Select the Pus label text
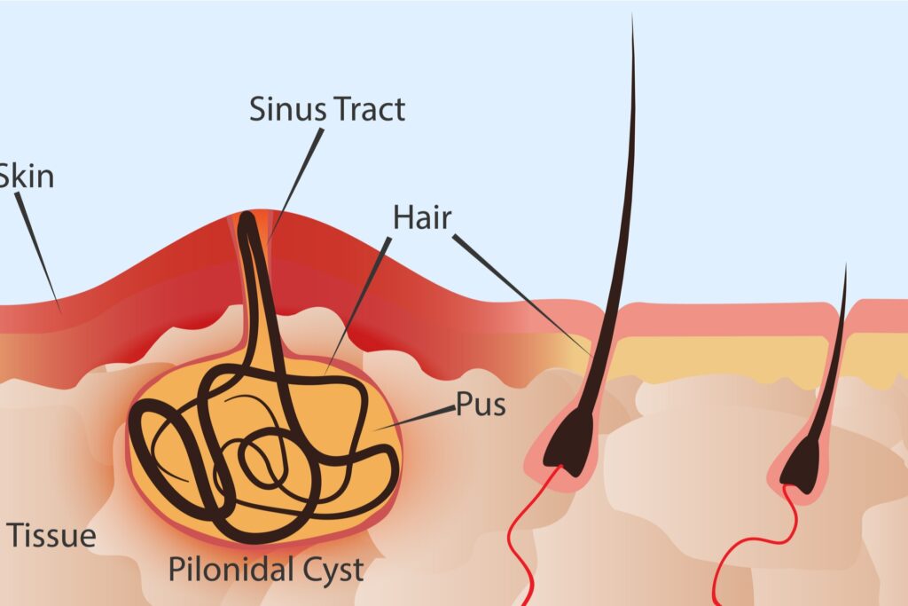pyautogui.click(x=481, y=405)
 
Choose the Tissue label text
pyautogui.click(x=51, y=535)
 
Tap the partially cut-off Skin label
pyautogui.click(x=27, y=176)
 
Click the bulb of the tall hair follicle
pyautogui.click(x=567, y=439)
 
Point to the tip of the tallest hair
pyautogui.click(x=632, y=18)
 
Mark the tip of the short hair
pyautogui.click(x=845, y=266)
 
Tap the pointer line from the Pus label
pyautogui.click(x=417, y=419)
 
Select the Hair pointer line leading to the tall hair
pyautogui.click(x=523, y=293)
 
